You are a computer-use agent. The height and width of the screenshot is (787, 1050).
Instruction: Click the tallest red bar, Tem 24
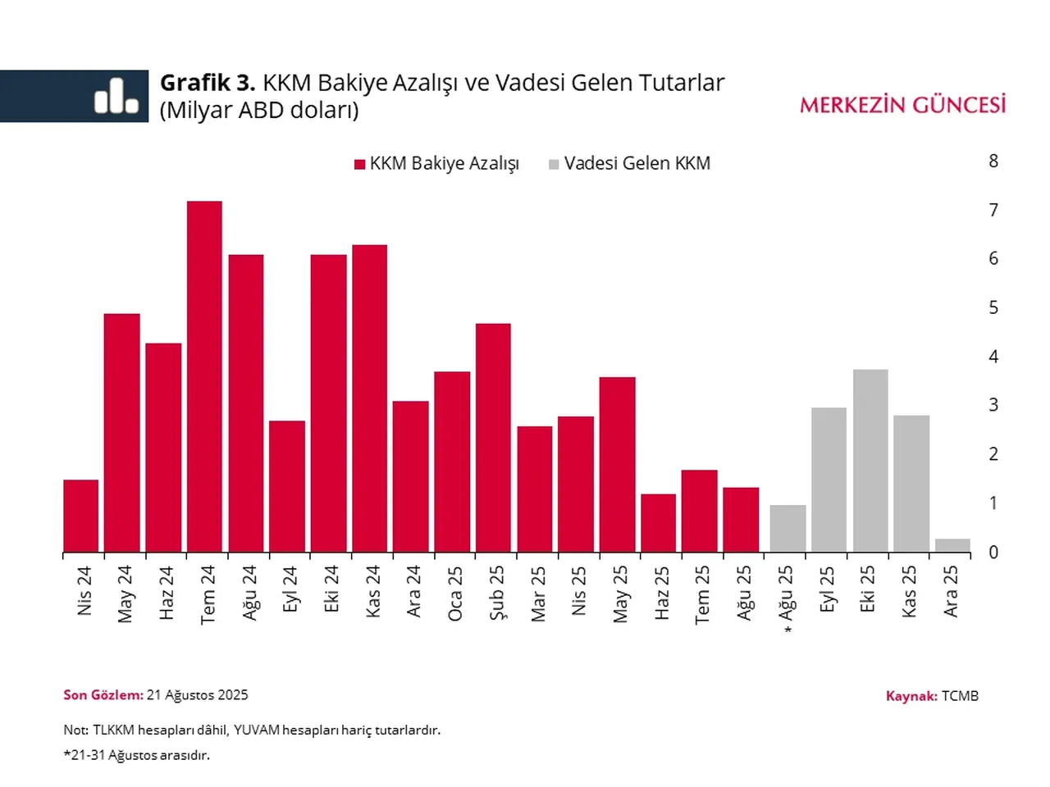(x=204, y=377)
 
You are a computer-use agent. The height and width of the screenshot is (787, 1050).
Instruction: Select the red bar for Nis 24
(x=80, y=516)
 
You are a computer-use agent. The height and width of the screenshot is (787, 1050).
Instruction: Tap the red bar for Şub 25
(x=493, y=438)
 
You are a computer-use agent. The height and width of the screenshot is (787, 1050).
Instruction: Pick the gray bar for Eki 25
(x=870, y=461)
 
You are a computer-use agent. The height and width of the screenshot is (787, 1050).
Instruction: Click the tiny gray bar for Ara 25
(x=952, y=545)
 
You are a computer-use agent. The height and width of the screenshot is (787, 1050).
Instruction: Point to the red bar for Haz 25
(x=658, y=523)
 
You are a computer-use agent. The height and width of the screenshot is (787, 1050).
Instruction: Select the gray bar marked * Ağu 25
(x=787, y=529)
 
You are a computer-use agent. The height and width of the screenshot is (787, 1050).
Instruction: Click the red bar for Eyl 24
(x=287, y=486)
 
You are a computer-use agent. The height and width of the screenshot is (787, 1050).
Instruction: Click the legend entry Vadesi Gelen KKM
(x=637, y=164)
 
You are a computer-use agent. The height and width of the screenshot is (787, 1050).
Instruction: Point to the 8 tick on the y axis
(x=993, y=161)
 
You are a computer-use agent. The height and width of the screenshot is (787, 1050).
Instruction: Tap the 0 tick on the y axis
(x=993, y=553)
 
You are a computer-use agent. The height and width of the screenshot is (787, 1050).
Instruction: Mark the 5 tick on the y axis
(x=993, y=308)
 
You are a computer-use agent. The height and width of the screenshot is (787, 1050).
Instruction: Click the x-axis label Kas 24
(x=372, y=591)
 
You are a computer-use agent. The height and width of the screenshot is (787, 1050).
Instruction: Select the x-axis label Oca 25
(x=454, y=593)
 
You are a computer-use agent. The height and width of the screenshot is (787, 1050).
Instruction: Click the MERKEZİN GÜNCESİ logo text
(x=902, y=105)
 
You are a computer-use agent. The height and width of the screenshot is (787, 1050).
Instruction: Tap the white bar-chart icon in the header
(x=116, y=96)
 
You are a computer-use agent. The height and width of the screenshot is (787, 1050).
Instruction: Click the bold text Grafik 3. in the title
(x=208, y=83)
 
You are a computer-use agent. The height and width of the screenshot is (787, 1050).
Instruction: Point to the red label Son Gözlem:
(x=103, y=695)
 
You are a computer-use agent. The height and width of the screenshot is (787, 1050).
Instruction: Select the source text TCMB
(x=960, y=696)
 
